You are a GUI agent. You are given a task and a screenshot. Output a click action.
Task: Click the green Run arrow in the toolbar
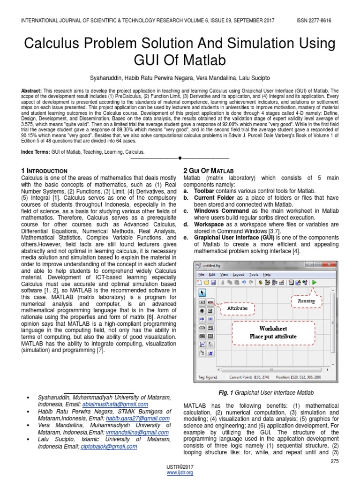tap(314, 282)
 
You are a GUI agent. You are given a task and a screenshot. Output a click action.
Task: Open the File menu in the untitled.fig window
tap(201, 274)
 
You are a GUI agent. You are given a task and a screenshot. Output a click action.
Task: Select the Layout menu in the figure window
tap(239, 274)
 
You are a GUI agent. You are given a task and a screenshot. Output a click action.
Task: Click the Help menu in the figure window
tap(266, 274)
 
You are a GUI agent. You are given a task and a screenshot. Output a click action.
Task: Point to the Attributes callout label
tap(237, 308)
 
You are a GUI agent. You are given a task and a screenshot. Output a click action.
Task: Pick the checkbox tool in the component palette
tap(210, 310)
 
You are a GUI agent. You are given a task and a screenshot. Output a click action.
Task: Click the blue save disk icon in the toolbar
tap(213, 282)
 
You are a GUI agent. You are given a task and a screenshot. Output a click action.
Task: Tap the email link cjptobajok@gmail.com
tap(109, 447)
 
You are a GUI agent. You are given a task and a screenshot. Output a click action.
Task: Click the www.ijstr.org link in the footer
tap(180, 473)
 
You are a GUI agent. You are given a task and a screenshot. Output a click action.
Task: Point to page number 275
tap(334, 462)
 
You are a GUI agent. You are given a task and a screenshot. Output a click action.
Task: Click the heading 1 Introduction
tap(45, 171)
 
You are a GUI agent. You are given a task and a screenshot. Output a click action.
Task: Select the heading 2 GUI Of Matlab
tap(208, 171)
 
